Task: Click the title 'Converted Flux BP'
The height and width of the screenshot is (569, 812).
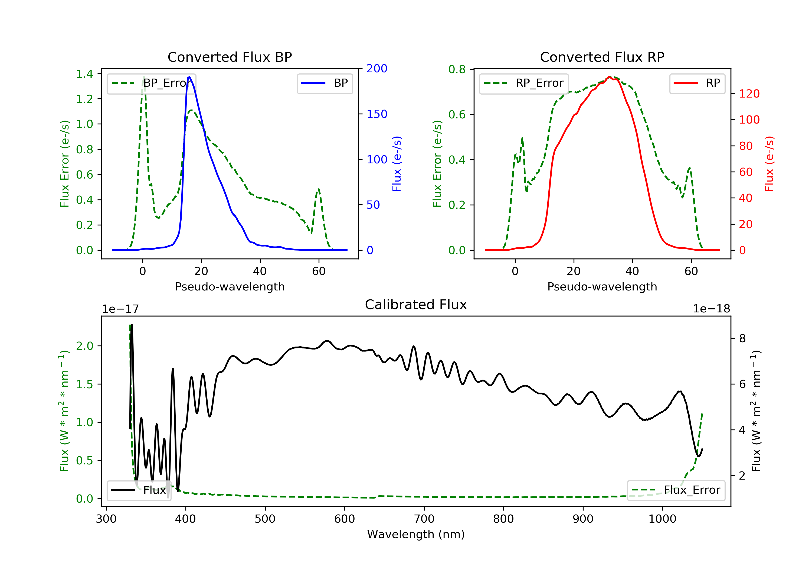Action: [230, 57]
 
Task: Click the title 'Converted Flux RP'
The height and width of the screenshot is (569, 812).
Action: [602, 57]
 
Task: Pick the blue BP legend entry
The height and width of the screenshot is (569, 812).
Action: [325, 83]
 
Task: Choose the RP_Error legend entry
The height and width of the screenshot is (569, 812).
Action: [524, 83]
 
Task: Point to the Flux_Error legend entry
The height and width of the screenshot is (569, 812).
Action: [676, 490]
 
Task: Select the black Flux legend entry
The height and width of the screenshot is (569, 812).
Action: [139, 490]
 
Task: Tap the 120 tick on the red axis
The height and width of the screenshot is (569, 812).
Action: [749, 94]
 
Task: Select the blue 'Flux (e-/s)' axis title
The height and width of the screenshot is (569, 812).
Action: [397, 164]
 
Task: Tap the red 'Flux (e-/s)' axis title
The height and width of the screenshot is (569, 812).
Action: [769, 164]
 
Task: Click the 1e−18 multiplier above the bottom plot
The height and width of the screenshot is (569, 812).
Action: [711, 309]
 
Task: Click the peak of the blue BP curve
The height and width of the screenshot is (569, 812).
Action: [189, 77]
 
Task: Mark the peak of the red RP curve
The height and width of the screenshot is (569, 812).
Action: [609, 77]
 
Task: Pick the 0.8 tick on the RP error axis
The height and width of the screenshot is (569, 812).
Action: [457, 69]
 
